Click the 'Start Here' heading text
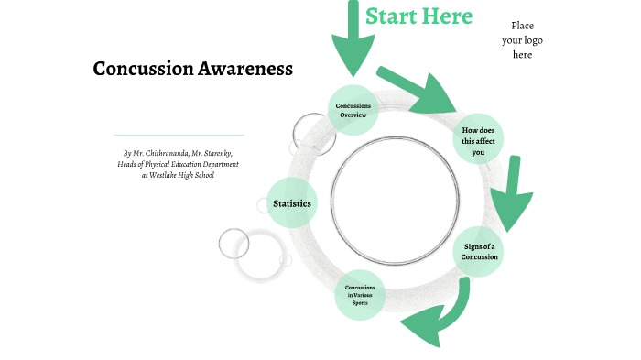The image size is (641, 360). pyautogui.click(x=418, y=16)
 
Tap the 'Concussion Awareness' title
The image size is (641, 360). pyautogui.click(x=192, y=69)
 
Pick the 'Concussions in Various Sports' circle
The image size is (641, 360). pyautogui.click(x=360, y=295)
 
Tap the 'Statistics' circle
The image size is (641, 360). pyautogui.click(x=291, y=203)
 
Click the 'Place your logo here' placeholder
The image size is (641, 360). pyautogui.click(x=522, y=40)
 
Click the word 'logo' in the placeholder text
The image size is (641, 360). pyautogui.click(x=537, y=40)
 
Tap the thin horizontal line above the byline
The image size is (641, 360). pyautogui.click(x=178, y=135)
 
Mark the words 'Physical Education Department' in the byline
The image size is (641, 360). pyautogui.click(x=192, y=164)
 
